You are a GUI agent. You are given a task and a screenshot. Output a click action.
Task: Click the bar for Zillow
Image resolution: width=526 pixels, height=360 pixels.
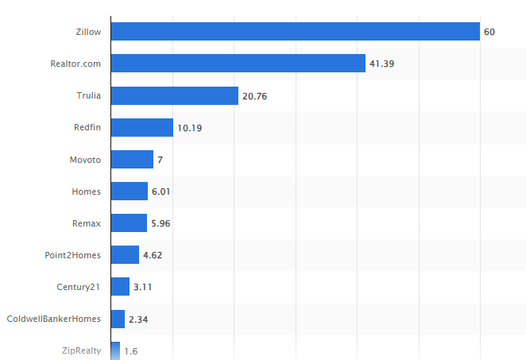tap(295, 32)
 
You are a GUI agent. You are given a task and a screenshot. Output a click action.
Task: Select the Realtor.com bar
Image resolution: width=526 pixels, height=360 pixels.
tap(238, 64)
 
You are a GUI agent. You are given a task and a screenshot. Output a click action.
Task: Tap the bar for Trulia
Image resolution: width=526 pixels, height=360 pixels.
tap(174, 95)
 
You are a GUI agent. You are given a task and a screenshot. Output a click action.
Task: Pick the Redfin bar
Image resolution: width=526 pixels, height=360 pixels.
tap(141, 127)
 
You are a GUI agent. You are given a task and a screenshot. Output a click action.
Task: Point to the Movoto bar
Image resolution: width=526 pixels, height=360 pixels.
tap(132, 160)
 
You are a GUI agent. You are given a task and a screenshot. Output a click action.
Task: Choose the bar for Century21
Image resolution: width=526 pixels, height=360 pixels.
tap(120, 287)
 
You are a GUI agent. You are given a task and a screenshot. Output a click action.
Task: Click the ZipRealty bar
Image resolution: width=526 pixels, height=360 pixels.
tap(115, 350)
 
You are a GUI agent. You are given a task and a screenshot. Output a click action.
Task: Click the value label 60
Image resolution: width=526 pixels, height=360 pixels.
tap(489, 32)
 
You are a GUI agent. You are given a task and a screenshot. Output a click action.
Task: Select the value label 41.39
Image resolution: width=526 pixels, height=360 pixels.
tap(383, 64)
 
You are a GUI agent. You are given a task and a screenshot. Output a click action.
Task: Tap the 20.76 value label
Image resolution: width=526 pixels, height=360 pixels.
tap(256, 95)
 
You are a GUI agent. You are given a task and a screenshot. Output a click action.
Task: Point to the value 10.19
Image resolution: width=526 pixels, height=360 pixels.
tap(191, 127)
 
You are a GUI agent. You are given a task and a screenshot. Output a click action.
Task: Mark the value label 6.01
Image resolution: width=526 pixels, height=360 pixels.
tap(162, 192)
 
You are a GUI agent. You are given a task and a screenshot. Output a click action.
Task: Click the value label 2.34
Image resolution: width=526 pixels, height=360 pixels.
tap(140, 319)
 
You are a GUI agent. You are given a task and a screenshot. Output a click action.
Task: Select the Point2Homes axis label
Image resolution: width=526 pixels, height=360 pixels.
tap(73, 255)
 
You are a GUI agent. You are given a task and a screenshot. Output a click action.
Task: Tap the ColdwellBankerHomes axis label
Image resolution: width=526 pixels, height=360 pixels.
tap(54, 319)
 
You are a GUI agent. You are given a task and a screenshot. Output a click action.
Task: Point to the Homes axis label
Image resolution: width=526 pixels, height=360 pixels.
tap(86, 192)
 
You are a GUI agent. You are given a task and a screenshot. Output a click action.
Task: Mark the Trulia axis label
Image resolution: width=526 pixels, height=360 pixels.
tap(88, 95)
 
